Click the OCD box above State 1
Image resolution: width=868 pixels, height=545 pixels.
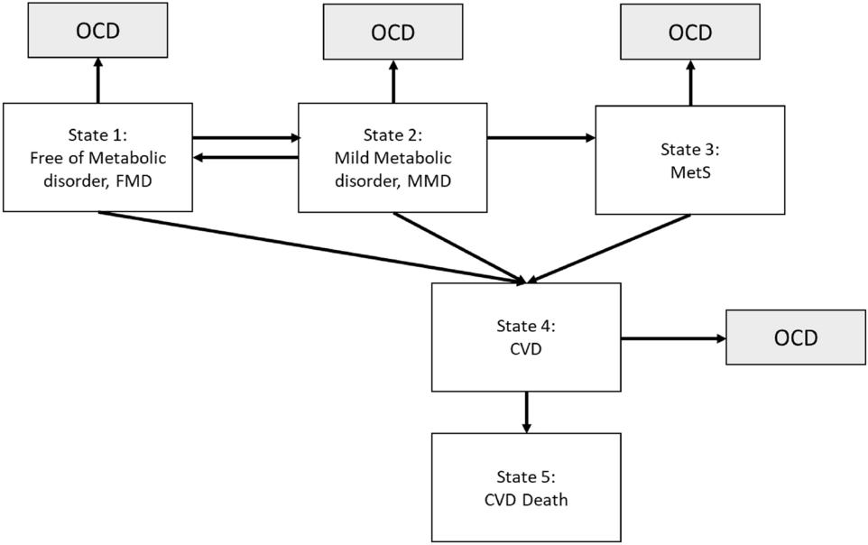coord(97,31)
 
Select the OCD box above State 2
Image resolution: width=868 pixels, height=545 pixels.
coord(392,32)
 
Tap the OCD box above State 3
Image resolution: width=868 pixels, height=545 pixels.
coord(689,32)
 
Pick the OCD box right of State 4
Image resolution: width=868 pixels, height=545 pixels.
coord(796,338)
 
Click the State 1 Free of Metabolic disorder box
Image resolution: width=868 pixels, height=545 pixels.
coord(97,157)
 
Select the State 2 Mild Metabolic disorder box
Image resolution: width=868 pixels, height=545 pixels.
coord(392,157)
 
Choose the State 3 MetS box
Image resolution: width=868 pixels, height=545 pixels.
coord(689,160)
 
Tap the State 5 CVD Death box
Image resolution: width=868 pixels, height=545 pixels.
coord(526,487)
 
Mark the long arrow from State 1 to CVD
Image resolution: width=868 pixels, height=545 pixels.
coord(307,246)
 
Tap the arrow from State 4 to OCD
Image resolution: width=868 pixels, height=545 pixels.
coord(673,338)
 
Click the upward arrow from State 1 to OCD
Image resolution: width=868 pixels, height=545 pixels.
coord(98,82)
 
